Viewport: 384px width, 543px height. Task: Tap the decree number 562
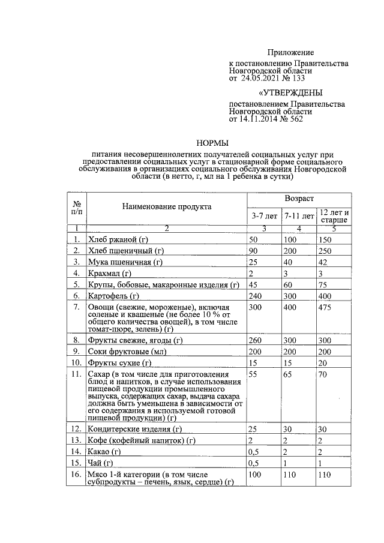[295, 119]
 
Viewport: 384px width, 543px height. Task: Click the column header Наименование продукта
[167, 207]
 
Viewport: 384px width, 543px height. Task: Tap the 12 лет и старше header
[335, 217]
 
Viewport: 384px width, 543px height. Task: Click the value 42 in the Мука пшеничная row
[323, 262]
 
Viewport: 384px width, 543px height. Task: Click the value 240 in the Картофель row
[258, 296]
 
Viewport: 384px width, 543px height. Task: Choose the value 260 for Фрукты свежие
[258, 341]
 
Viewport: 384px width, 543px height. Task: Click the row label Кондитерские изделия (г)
[134, 430]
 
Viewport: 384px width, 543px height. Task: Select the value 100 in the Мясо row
[258, 475]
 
